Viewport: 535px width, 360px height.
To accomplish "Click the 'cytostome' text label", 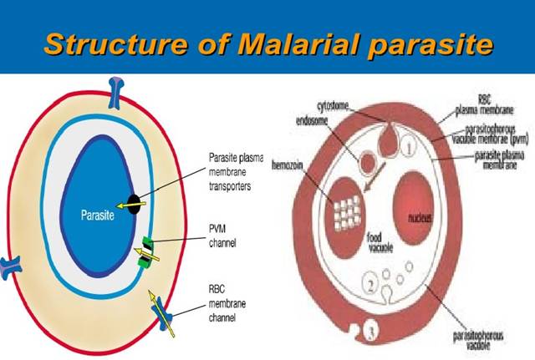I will coord(340,105).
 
